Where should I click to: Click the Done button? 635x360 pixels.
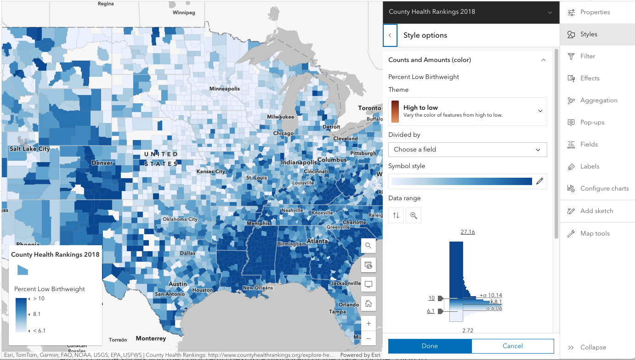click(x=430, y=346)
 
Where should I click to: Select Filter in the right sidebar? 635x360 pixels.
click(x=588, y=56)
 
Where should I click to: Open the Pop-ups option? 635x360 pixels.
click(x=592, y=122)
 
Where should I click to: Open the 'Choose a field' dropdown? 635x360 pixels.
click(x=467, y=149)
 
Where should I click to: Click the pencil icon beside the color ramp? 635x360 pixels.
click(x=539, y=181)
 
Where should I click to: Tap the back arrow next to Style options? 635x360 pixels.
click(x=390, y=35)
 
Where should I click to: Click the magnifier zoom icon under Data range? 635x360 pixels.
click(x=414, y=215)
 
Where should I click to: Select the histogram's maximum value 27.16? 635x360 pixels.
click(x=467, y=232)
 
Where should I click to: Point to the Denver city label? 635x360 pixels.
click(x=102, y=163)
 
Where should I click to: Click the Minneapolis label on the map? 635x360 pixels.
click(x=224, y=89)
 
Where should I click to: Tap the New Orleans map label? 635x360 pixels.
click(x=257, y=288)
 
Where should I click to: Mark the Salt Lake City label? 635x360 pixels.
click(x=30, y=149)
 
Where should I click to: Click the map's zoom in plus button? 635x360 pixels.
click(x=368, y=323)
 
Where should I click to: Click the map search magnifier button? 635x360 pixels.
click(x=368, y=246)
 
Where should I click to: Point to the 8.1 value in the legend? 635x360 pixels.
click(x=37, y=315)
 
